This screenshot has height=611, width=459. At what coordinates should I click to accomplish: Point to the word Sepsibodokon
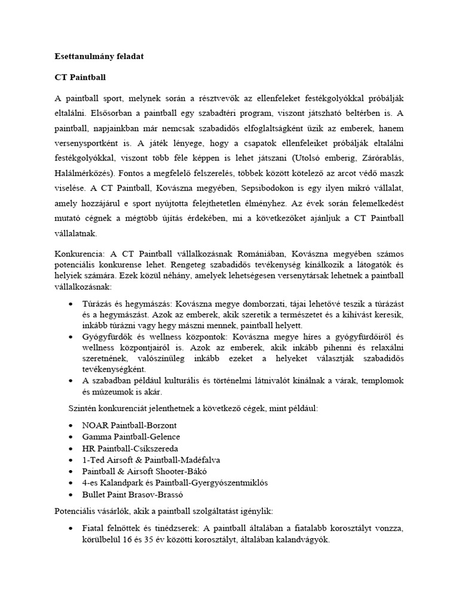tap(273, 189)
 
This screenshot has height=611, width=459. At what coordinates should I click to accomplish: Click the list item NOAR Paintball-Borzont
tap(130, 425)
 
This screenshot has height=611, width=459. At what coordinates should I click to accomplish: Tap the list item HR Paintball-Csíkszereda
tap(130, 448)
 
